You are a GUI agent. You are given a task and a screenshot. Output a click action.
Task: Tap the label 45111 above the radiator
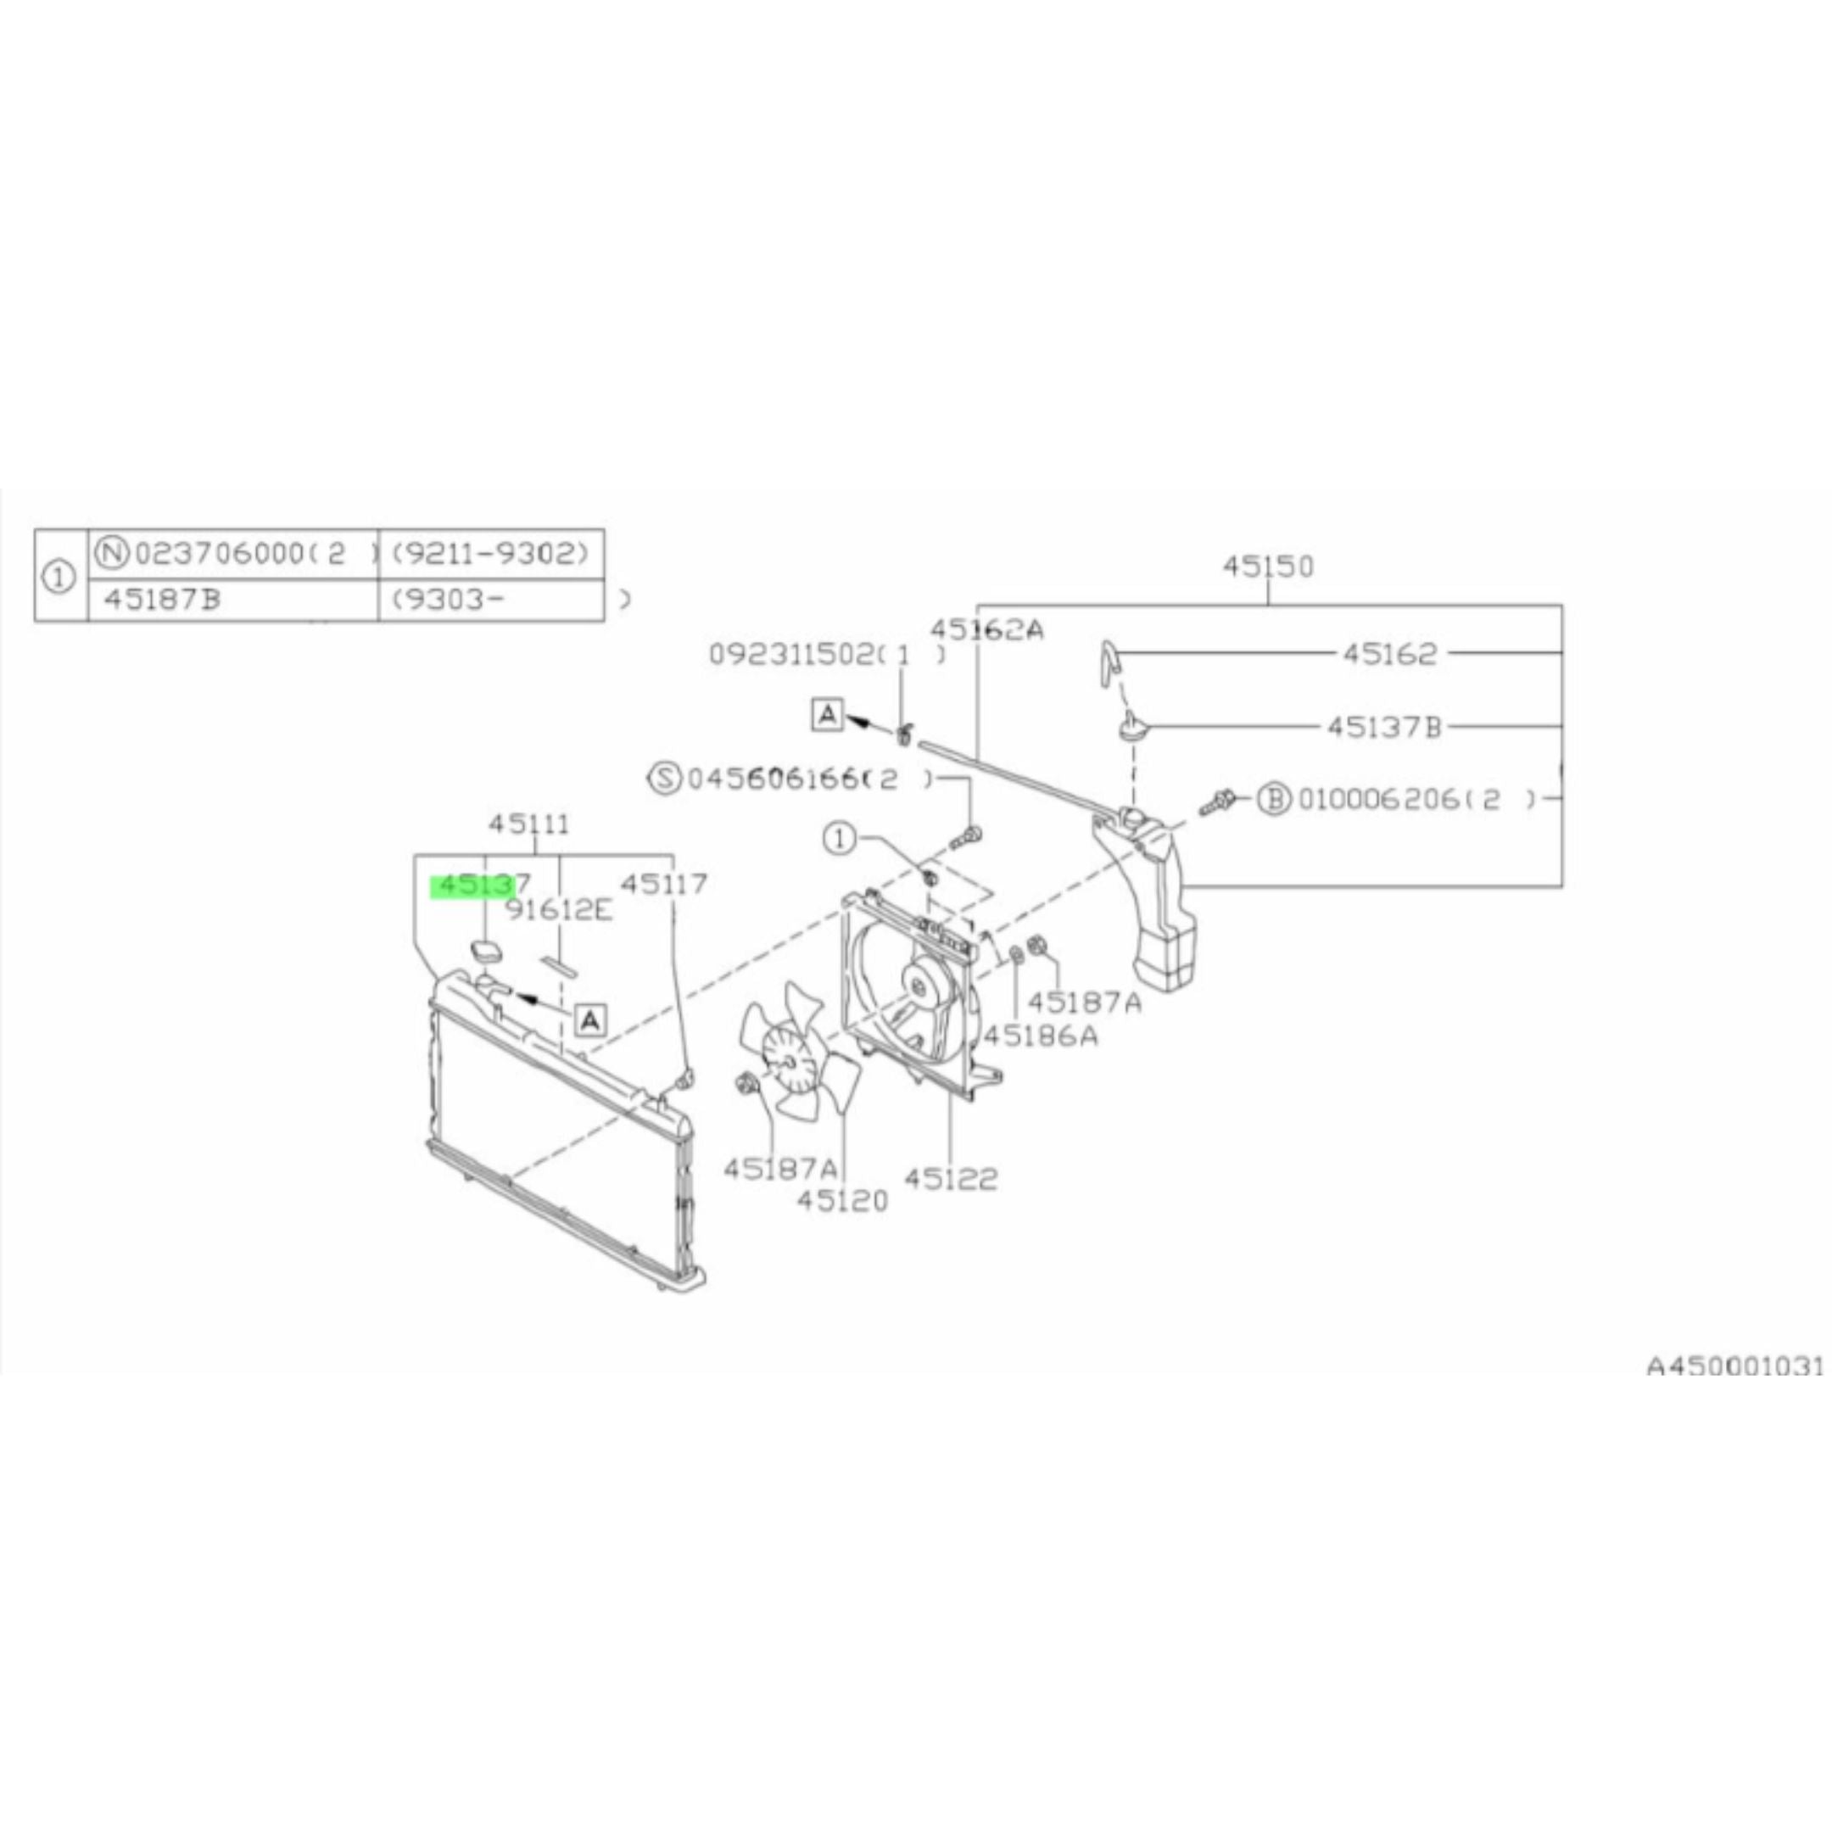click(529, 824)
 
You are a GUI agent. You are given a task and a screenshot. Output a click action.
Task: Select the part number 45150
click(1268, 567)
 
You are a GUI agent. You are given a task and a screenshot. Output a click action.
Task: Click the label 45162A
click(986, 629)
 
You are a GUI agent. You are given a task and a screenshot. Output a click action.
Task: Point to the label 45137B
click(1383, 728)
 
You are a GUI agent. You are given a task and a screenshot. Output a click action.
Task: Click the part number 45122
click(950, 1179)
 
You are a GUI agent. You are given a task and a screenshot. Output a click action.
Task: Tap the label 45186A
click(1040, 1036)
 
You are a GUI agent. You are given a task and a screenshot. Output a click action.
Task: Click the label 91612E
click(559, 910)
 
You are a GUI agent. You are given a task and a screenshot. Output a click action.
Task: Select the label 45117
click(664, 884)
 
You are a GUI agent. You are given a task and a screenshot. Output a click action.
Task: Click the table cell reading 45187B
click(161, 600)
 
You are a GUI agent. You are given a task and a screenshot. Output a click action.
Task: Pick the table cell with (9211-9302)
click(490, 553)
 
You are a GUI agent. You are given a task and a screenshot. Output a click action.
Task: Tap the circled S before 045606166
click(667, 779)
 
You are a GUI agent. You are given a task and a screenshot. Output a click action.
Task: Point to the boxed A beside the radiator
click(589, 1020)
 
